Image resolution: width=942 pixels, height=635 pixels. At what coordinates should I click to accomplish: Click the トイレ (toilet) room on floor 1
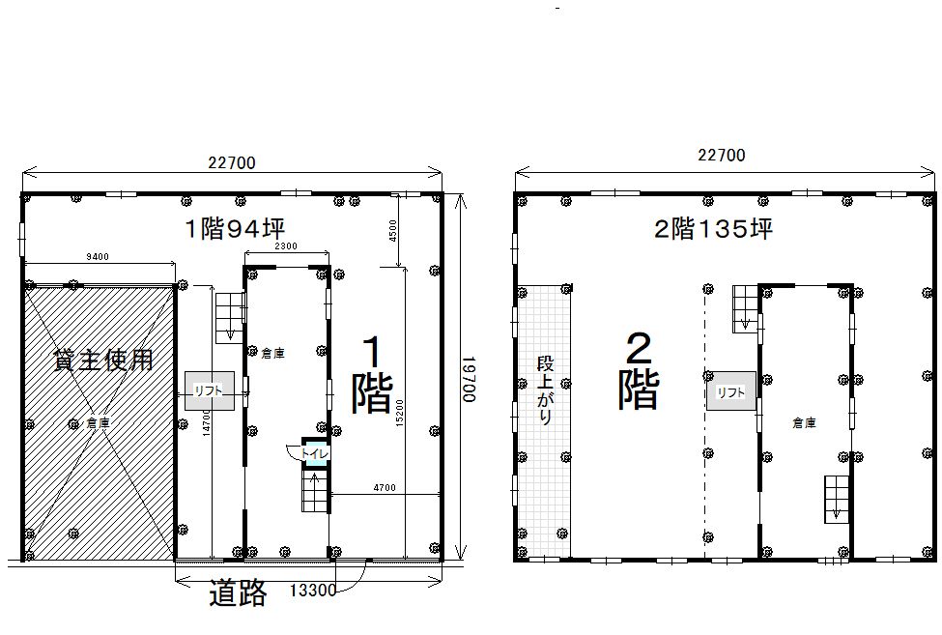pos(315,451)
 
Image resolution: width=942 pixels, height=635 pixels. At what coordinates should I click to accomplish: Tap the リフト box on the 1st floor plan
pos(209,390)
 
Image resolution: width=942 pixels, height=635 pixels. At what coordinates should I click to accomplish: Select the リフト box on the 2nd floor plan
pos(731,391)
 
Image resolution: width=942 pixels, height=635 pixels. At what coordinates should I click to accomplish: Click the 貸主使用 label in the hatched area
pos(103,360)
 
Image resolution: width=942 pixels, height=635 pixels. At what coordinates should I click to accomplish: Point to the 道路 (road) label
pos(238,593)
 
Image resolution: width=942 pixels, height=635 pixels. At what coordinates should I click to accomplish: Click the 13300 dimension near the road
pos(313,591)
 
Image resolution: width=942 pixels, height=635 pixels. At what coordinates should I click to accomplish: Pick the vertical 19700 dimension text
pos(470,380)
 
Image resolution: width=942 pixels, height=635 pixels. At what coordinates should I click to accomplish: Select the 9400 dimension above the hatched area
pos(98,257)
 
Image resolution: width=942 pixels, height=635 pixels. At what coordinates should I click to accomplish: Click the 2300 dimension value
pos(286,245)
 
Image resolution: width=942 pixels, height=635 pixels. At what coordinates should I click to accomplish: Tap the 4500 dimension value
pos(393,231)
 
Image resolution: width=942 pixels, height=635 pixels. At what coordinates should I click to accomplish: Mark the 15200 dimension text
pos(400,414)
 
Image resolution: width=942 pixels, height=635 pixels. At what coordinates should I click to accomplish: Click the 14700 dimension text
pos(207,422)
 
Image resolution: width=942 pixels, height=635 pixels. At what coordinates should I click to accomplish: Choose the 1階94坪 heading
pos(235,228)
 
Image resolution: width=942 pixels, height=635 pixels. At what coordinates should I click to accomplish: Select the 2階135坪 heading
pos(713,229)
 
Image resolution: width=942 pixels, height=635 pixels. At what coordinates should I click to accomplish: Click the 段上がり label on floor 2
pos(545,390)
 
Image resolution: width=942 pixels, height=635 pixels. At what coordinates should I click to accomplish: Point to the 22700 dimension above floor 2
pos(722,155)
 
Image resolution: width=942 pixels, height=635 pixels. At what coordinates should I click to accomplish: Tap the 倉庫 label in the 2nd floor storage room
pos(804,423)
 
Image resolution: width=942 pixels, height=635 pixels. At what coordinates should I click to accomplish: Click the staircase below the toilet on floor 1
pos(315,491)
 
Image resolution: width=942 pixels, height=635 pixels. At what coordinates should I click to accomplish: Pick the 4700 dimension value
pos(385,488)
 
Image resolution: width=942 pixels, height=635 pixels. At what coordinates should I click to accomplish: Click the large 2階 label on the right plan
pos(639,371)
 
